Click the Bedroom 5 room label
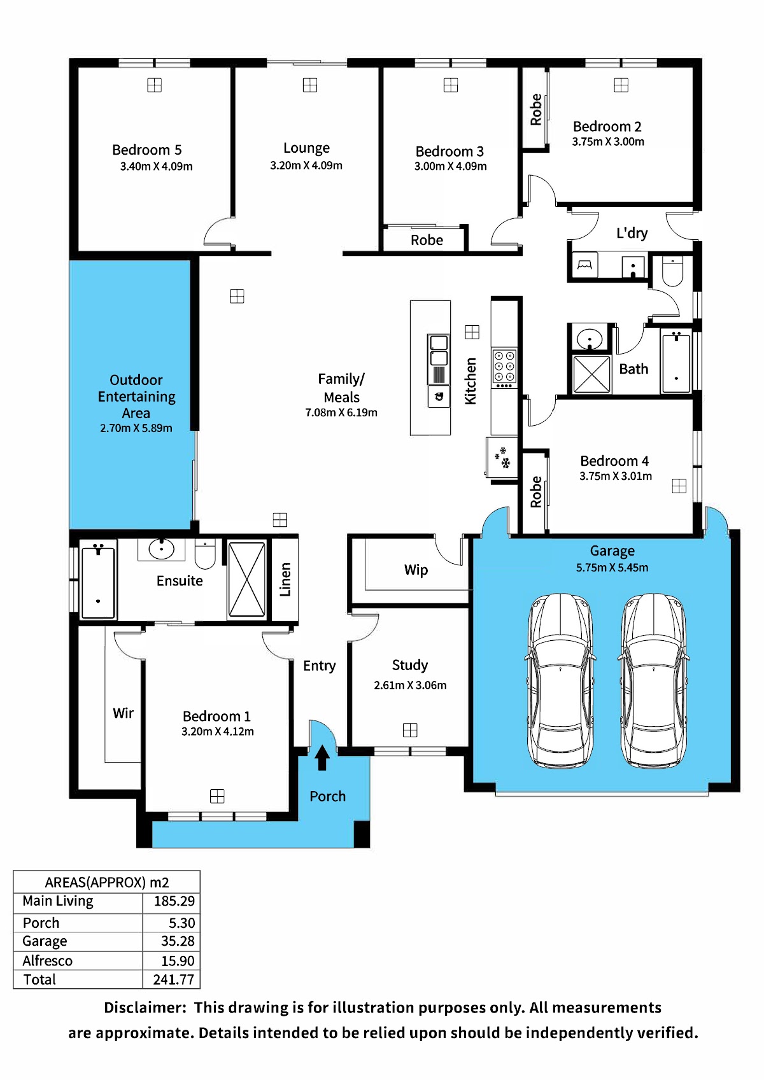point(146,150)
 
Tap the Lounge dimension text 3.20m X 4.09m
point(306,165)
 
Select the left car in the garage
point(560,681)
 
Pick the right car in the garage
point(654,681)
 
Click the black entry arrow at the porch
point(322,757)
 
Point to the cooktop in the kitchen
point(504,367)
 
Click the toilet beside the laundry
point(672,272)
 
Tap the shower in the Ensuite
point(246,579)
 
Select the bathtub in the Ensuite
point(98,580)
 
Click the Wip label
point(416,570)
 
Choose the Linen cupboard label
point(285,580)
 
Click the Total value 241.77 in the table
point(173,979)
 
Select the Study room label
point(410,665)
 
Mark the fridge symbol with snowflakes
point(502,457)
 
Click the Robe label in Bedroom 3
point(427,240)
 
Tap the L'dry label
point(632,234)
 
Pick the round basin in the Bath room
point(590,339)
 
